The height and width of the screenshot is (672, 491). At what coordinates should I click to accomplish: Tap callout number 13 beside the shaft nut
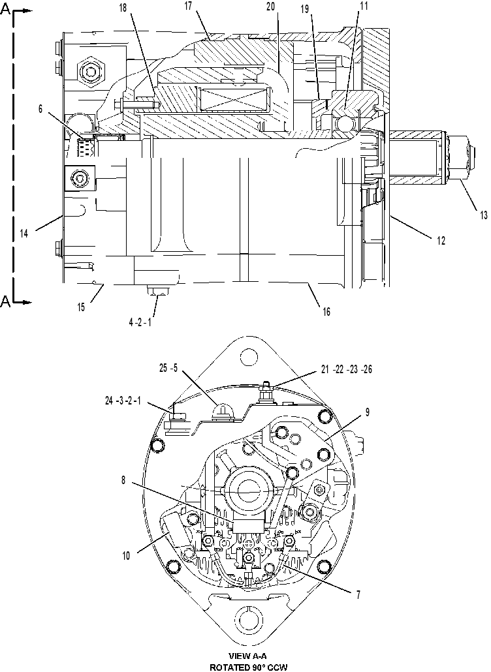coord(483,215)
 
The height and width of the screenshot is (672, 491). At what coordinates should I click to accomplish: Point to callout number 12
coord(441,241)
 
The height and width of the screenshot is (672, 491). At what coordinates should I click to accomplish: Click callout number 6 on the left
coord(40,109)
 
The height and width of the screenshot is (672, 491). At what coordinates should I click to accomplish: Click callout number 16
coord(326,312)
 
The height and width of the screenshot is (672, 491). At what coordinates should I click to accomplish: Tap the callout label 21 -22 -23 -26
coord(347,369)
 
